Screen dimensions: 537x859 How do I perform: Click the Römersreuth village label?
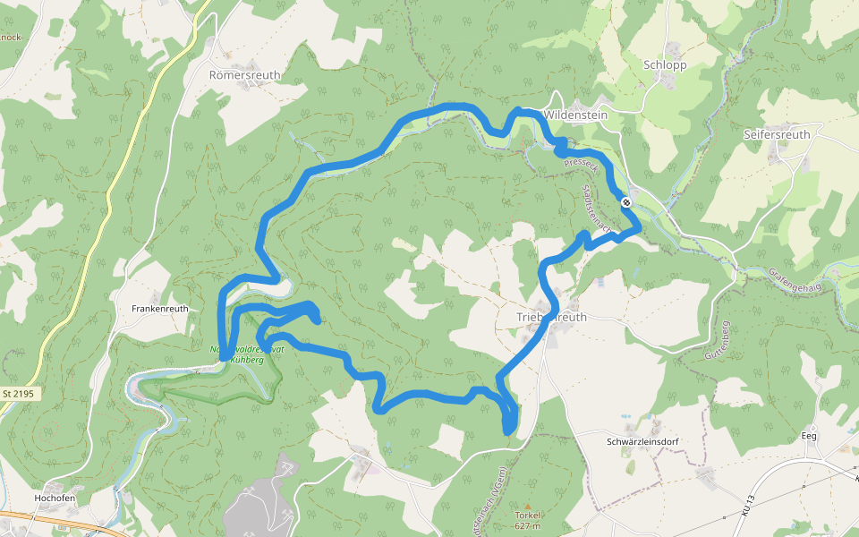click(244, 76)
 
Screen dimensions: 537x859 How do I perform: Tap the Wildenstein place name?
click(575, 115)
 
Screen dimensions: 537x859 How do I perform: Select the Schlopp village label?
click(663, 64)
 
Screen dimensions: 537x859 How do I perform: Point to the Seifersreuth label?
click(776, 134)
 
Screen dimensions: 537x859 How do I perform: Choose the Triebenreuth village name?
click(552, 317)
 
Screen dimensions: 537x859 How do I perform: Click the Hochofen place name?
click(53, 499)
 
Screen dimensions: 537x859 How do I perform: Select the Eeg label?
click(809, 436)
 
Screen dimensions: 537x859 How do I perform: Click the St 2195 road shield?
click(17, 394)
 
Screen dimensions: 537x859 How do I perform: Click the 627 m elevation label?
click(528, 525)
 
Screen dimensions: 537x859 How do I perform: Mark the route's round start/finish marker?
click(626, 202)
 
